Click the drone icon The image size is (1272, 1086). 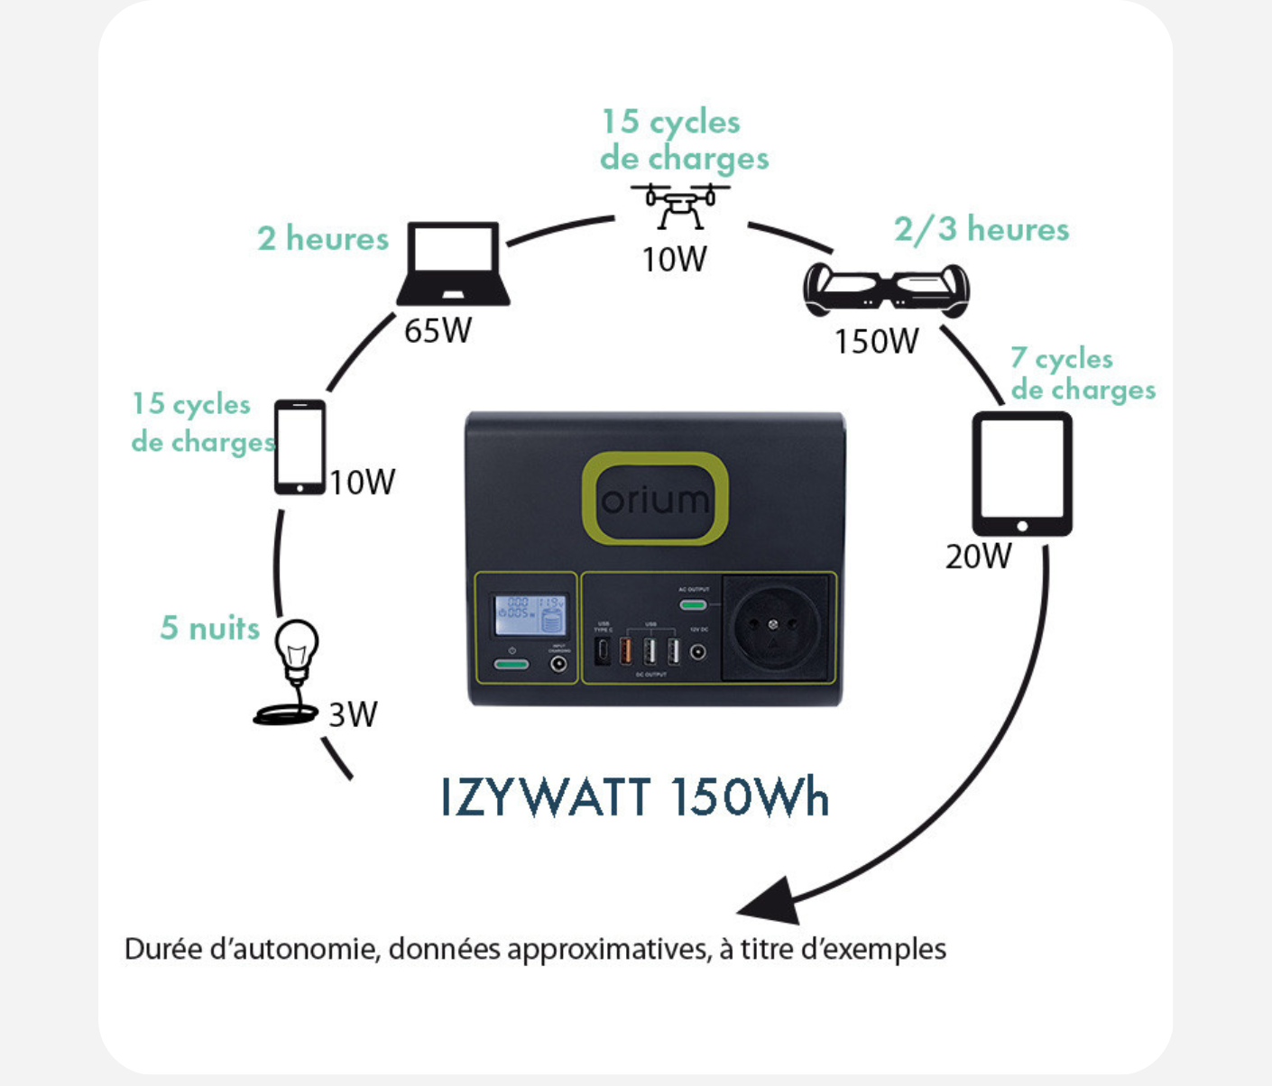(680, 206)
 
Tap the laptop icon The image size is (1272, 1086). (453, 264)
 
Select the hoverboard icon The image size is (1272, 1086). (886, 290)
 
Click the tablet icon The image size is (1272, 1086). (1022, 474)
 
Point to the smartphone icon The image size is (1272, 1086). (300, 447)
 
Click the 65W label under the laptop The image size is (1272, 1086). (438, 331)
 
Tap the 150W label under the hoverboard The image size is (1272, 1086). (876, 342)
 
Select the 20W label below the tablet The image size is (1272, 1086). (978, 557)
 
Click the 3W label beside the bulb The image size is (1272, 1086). (353, 714)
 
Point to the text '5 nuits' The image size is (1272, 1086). (209, 628)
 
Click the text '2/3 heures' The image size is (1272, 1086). (982, 229)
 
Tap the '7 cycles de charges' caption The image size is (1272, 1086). (1082, 373)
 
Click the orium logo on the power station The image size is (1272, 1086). (655, 499)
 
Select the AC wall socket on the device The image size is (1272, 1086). (773, 626)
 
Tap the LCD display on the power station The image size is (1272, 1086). (530, 614)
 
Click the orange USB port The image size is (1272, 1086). (625, 650)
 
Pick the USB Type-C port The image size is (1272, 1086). (602, 651)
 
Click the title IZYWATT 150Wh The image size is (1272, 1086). (635, 797)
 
